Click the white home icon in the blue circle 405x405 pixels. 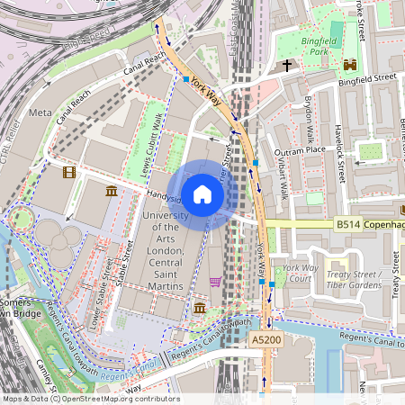point(202,194)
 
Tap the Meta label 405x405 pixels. point(40,112)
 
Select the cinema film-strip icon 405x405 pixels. point(69,170)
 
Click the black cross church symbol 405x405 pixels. point(288,66)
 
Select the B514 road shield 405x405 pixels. point(348,223)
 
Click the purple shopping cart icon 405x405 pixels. point(215,282)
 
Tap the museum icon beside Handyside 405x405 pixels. point(111,191)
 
